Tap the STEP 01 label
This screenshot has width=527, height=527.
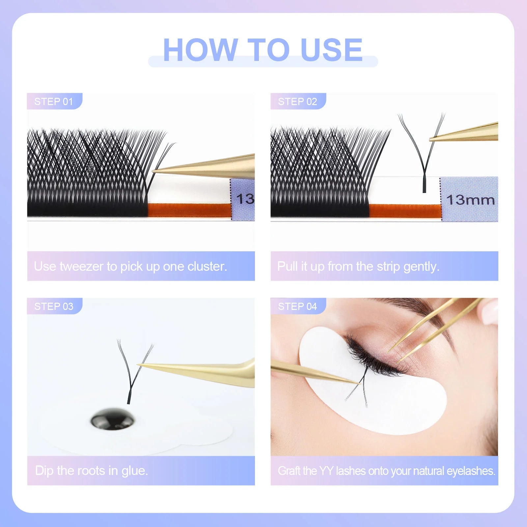coord(54,101)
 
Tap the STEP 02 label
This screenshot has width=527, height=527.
coord(297,101)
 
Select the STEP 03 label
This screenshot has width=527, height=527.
coord(54,306)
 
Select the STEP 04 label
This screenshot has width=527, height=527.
coord(297,306)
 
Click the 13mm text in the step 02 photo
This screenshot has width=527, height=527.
coord(470,200)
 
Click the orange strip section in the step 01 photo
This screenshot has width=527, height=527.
coord(189,210)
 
